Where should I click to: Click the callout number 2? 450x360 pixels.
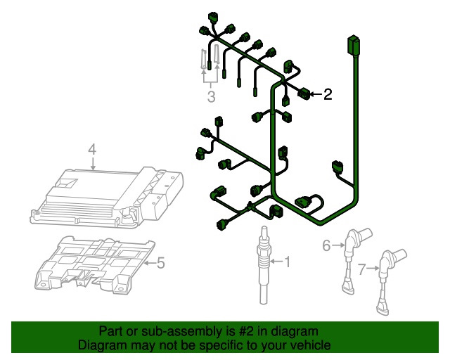[x=327, y=94]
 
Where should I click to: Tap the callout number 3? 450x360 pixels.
[x=211, y=96]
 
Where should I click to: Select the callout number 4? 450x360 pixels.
[x=91, y=148]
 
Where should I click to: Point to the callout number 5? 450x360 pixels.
[x=160, y=263]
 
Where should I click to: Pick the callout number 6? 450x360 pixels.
[x=326, y=245]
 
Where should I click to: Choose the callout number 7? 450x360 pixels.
[x=362, y=269]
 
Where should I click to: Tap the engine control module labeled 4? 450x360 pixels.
[x=105, y=197]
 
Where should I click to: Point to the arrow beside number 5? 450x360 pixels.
[x=148, y=263]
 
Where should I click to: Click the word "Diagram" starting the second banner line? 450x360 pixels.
[x=100, y=345]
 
